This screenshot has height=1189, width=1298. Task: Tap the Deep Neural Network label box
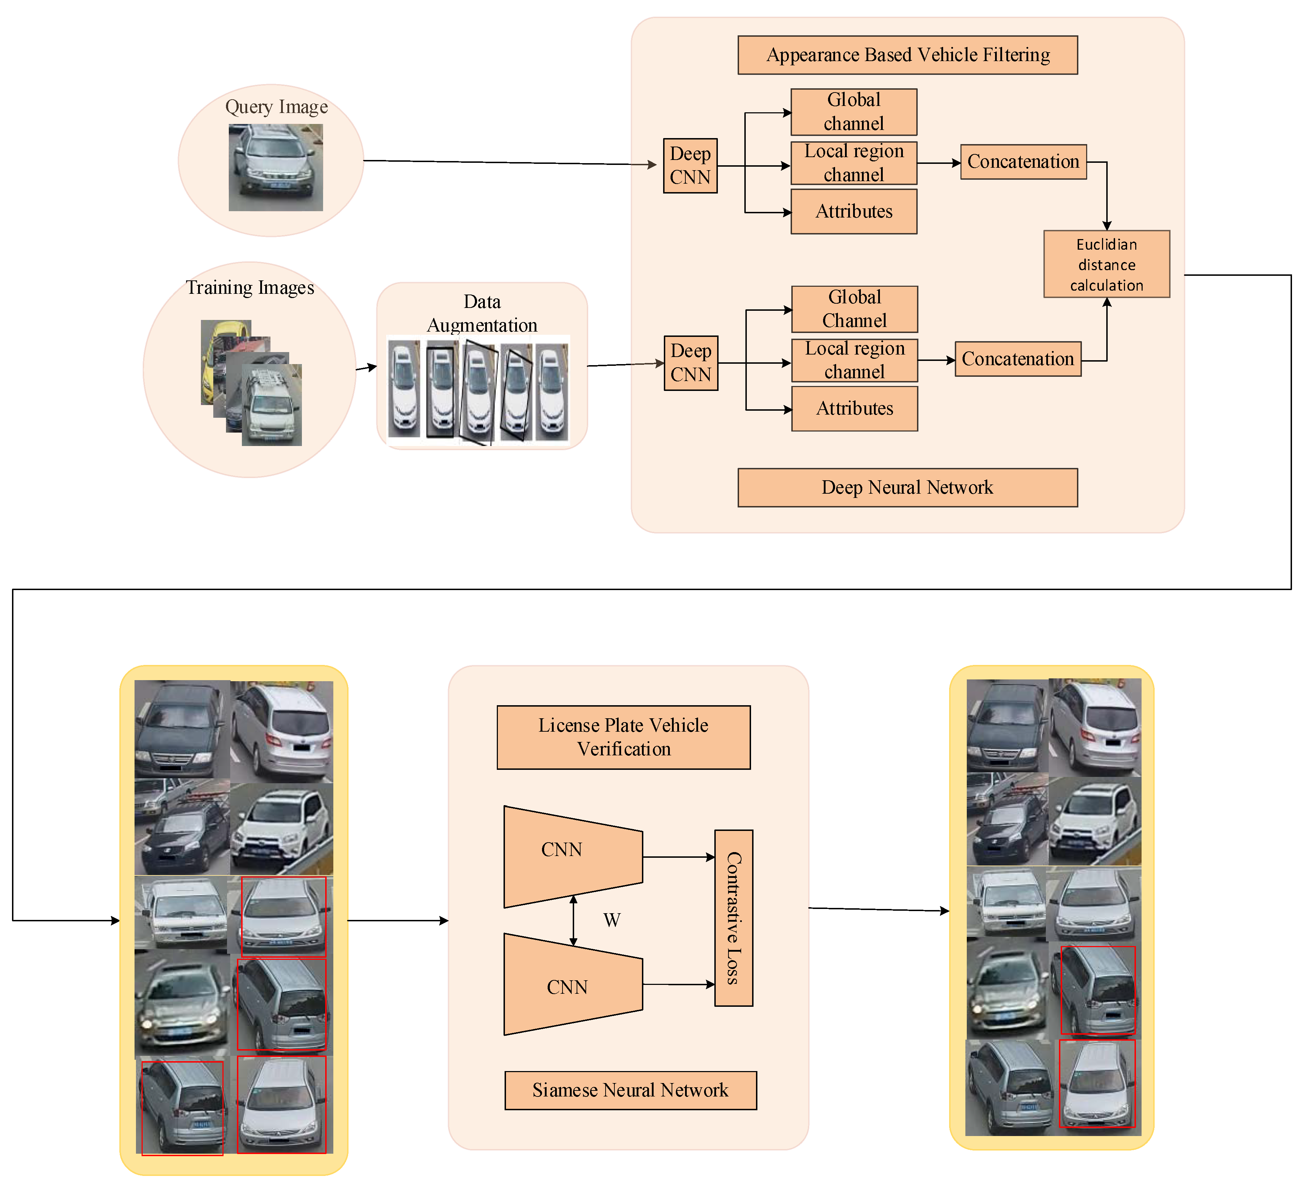pos(907,487)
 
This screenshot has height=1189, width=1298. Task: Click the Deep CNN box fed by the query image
pos(690,165)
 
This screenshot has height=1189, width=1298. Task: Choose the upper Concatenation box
pos(1023,162)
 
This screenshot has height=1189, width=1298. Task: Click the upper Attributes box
pos(854,211)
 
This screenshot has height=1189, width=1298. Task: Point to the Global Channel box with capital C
pos(855,309)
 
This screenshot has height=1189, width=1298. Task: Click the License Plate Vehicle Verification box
pos(623,737)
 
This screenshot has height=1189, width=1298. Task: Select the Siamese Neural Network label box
pos(630,1090)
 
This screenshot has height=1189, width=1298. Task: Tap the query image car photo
pos(275,167)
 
